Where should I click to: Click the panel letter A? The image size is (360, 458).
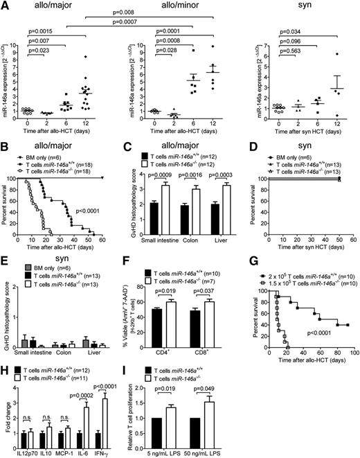tap(6, 6)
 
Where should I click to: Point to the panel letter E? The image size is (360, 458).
tap(6, 256)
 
